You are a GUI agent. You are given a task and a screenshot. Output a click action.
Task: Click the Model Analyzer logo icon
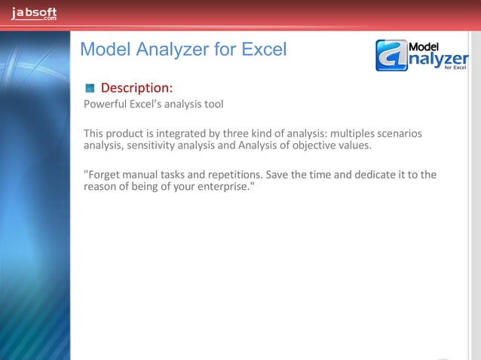pos(391,56)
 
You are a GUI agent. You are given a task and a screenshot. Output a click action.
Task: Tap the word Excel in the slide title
pos(263,50)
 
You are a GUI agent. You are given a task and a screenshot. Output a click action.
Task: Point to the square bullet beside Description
pos(90,87)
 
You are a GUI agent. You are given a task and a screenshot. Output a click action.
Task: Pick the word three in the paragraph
pos(237,134)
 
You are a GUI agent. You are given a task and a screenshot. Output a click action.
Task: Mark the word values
pos(353,145)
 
